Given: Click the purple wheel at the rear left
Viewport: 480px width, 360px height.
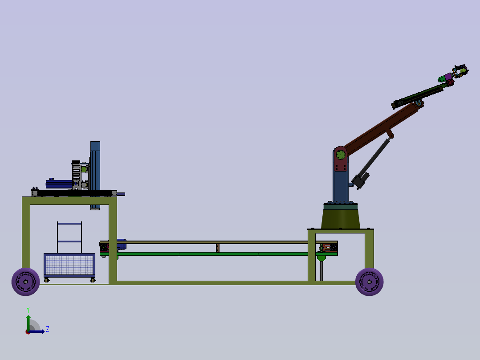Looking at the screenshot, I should (x=25, y=282).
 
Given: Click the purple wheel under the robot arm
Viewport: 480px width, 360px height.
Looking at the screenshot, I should (x=369, y=282).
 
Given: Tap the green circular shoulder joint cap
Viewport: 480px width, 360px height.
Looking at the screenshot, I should (x=341, y=155).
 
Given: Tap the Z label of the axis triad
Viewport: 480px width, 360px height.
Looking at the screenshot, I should (x=48, y=329).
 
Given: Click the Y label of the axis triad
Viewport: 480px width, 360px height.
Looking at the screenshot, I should (x=28, y=310).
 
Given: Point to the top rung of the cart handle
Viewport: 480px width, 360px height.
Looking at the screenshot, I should (x=69, y=223).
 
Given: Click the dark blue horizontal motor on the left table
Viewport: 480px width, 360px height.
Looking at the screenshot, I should (x=59, y=184).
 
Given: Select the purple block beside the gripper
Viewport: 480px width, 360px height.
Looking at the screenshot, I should (x=449, y=77).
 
